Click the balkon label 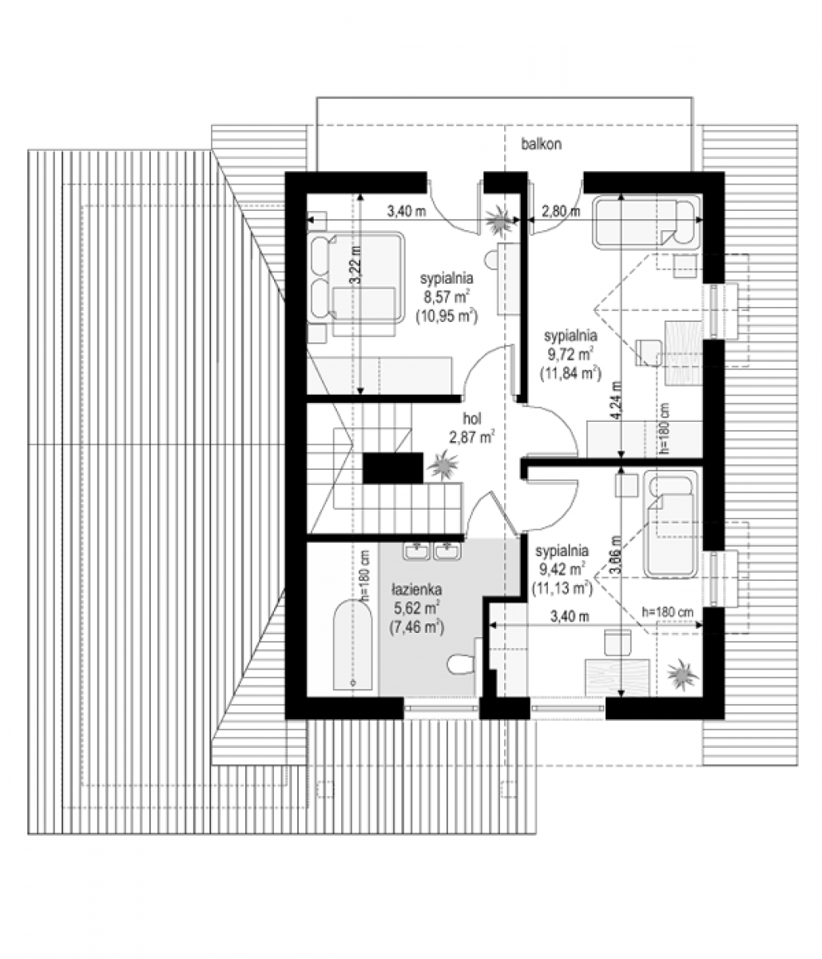pos(541,144)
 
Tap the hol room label pos(472,419)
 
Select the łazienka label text pos(416,590)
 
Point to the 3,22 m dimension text pos(356,265)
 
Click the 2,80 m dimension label pos(560,212)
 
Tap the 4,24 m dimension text pos(616,400)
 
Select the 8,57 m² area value pos(446,297)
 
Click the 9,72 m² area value pos(570,355)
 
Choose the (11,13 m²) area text pos(562,588)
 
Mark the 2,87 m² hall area pos(471,436)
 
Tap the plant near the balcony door pos(501,220)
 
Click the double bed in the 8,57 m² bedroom pos(355,277)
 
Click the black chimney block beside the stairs pos(393,468)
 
